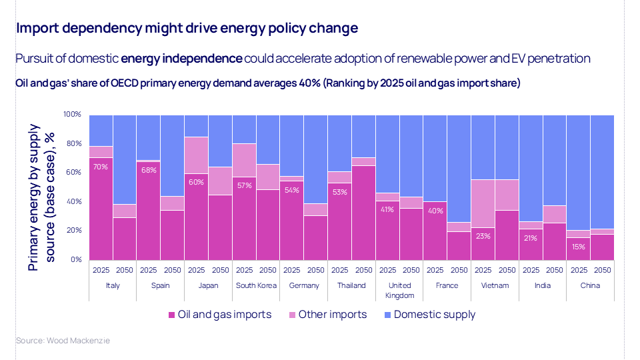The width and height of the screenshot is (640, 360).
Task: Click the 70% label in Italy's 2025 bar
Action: coord(101,167)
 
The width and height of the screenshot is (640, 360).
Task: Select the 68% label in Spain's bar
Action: coord(149,170)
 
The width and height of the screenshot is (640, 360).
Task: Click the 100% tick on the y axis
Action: coord(72,115)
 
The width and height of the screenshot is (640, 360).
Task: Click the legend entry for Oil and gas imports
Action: coord(220,315)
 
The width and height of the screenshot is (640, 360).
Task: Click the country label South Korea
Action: coord(256,285)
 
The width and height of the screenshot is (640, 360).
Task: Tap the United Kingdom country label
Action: coord(399,290)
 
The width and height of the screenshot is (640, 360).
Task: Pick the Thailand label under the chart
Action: coord(352,285)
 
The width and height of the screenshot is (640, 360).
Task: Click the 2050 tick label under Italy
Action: coord(125,271)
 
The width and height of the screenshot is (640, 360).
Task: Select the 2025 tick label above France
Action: coord(436,271)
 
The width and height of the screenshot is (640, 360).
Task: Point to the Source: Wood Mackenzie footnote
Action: coord(63,341)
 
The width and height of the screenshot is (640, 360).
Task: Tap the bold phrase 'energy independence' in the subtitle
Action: coord(181,59)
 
